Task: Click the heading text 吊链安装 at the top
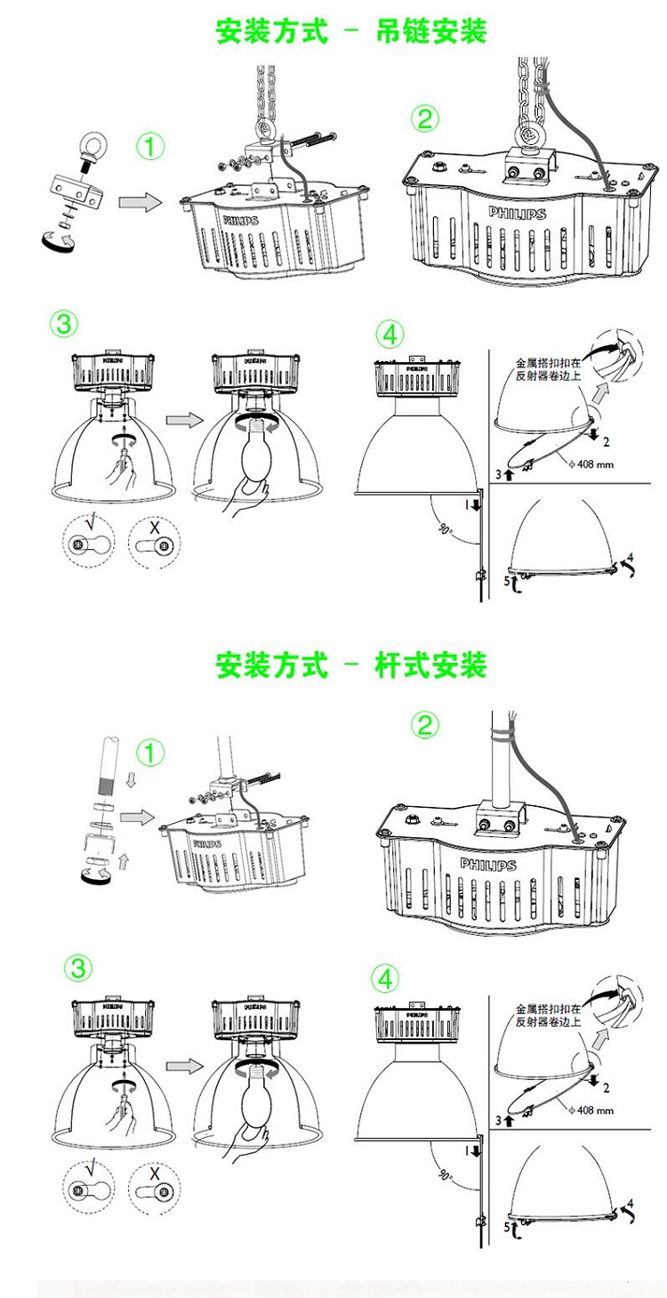[x=431, y=33]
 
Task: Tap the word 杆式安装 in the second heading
[x=431, y=665]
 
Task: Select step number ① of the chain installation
[x=150, y=145]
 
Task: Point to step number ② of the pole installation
[x=425, y=725]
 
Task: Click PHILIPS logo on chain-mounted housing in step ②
[x=516, y=214]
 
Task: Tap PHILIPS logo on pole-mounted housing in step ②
[x=487, y=865]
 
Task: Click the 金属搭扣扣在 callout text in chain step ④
[x=548, y=363]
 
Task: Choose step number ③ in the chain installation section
[x=63, y=325]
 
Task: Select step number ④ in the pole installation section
[x=385, y=979]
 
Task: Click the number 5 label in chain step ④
[x=509, y=581]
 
